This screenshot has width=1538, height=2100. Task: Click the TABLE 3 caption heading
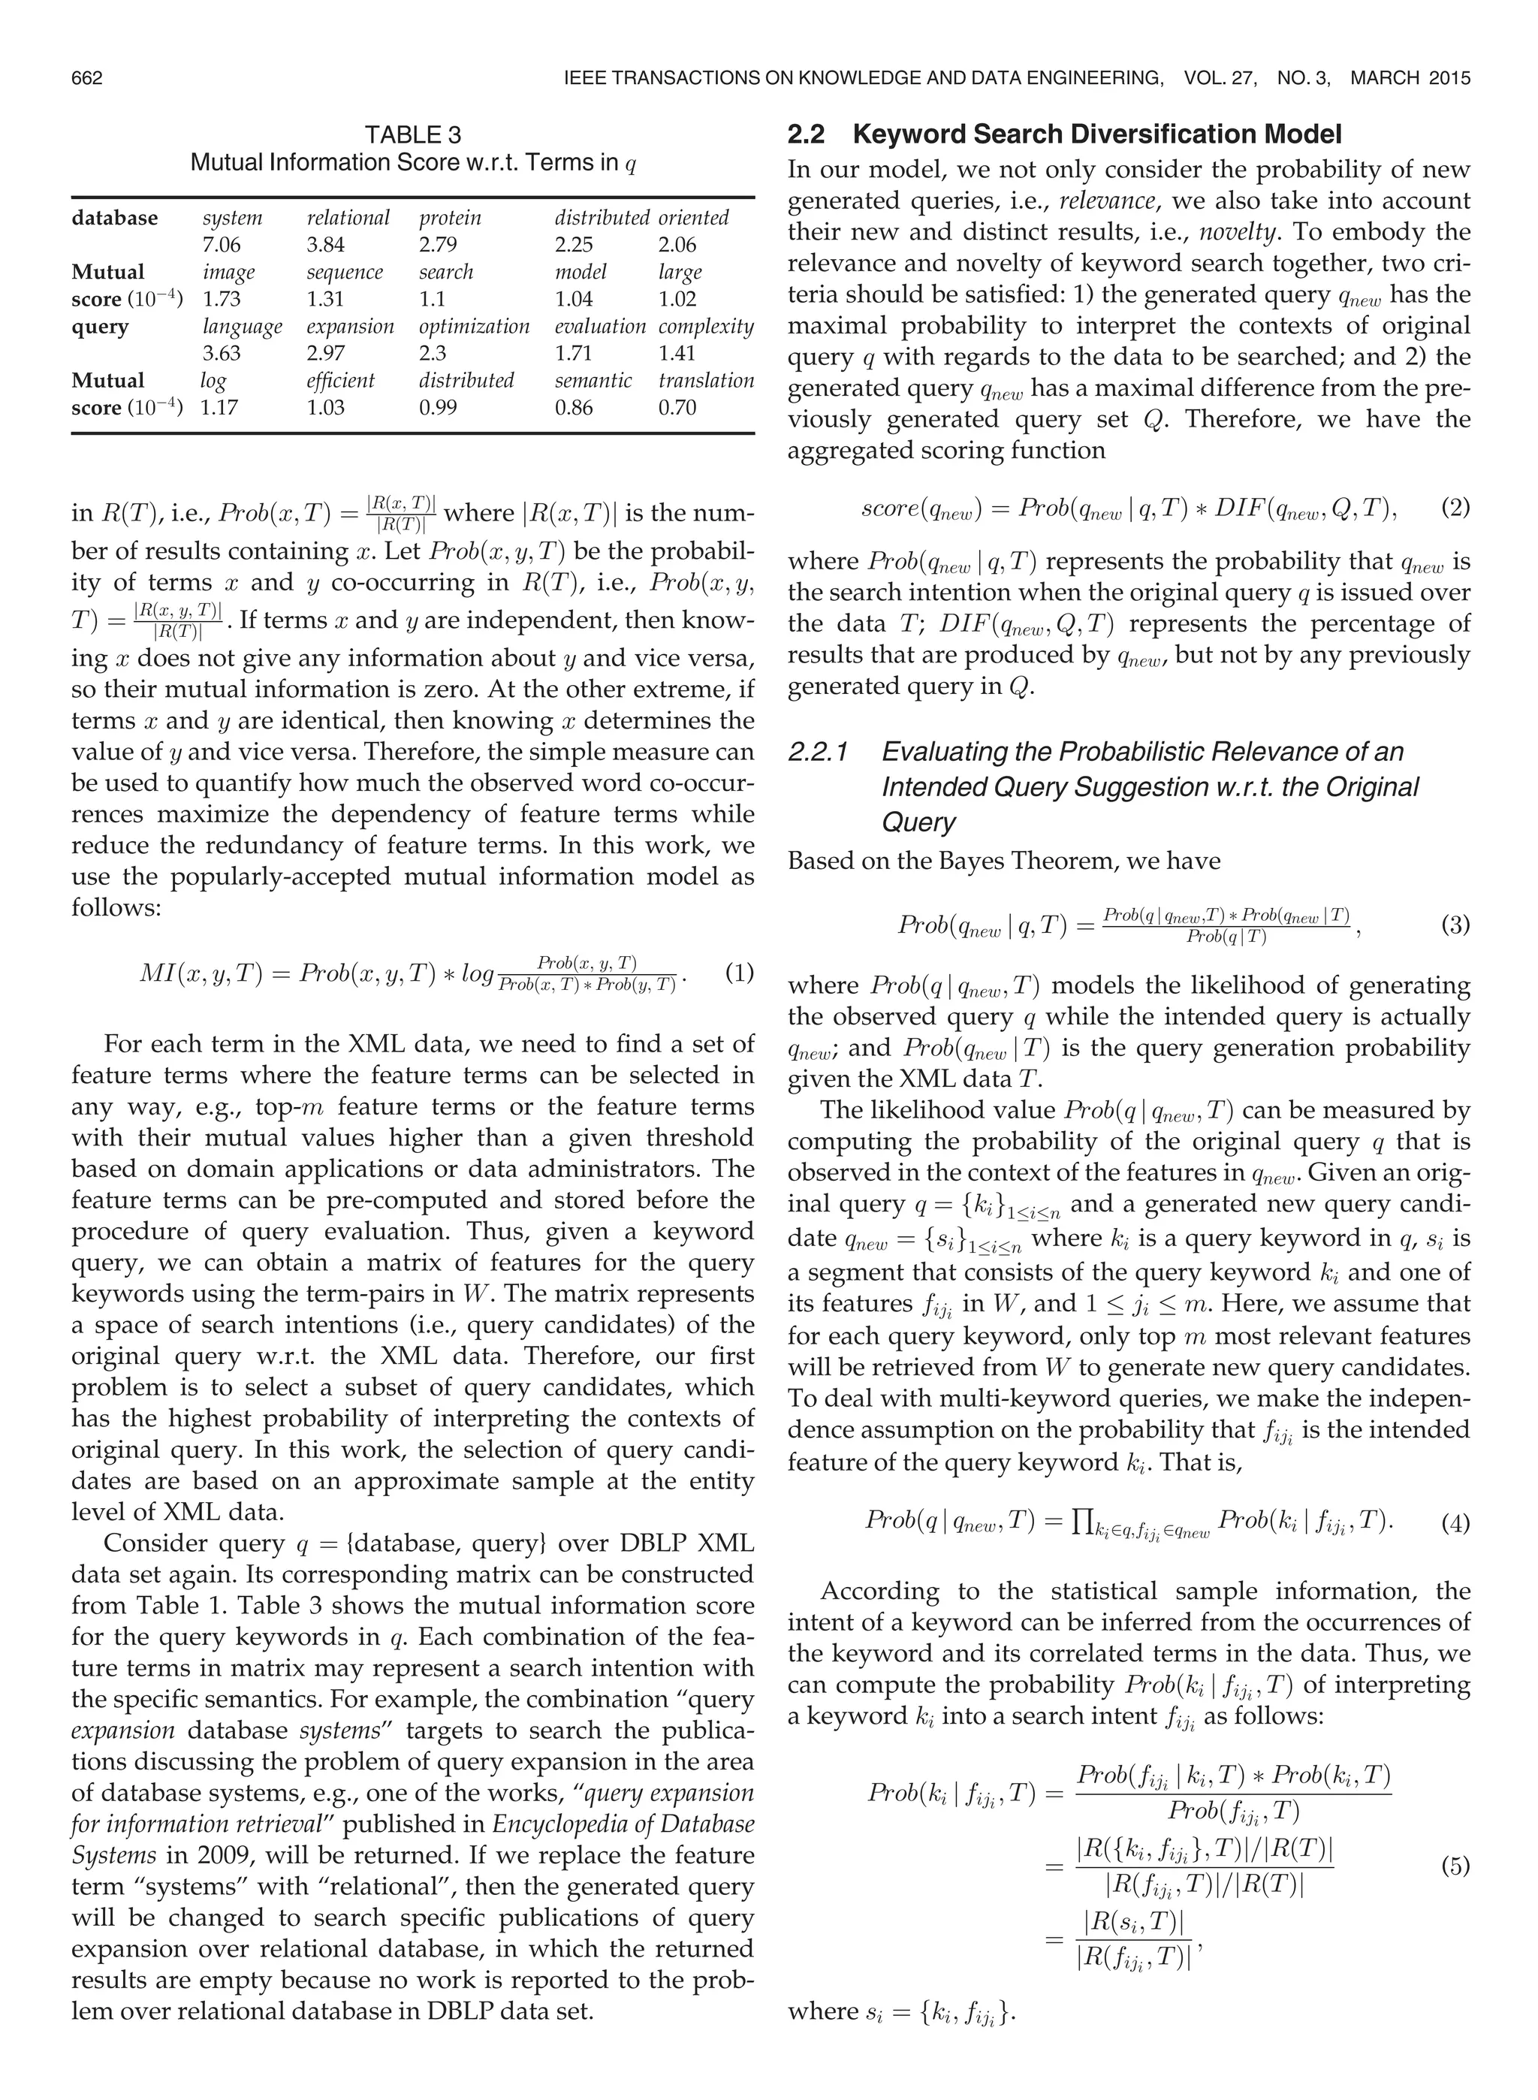pos(412,135)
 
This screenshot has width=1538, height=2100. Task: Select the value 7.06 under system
pos(222,245)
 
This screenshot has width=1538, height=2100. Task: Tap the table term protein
pos(450,218)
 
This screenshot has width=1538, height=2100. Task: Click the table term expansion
pos(350,327)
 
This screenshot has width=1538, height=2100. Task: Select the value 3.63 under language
pos(222,354)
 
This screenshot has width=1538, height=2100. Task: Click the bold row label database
pos(114,218)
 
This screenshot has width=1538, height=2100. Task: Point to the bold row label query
pos(100,327)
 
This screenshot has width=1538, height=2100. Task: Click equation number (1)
pos(738,975)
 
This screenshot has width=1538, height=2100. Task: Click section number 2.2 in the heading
pos(807,135)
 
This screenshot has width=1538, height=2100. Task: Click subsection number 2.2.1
pos(817,752)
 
